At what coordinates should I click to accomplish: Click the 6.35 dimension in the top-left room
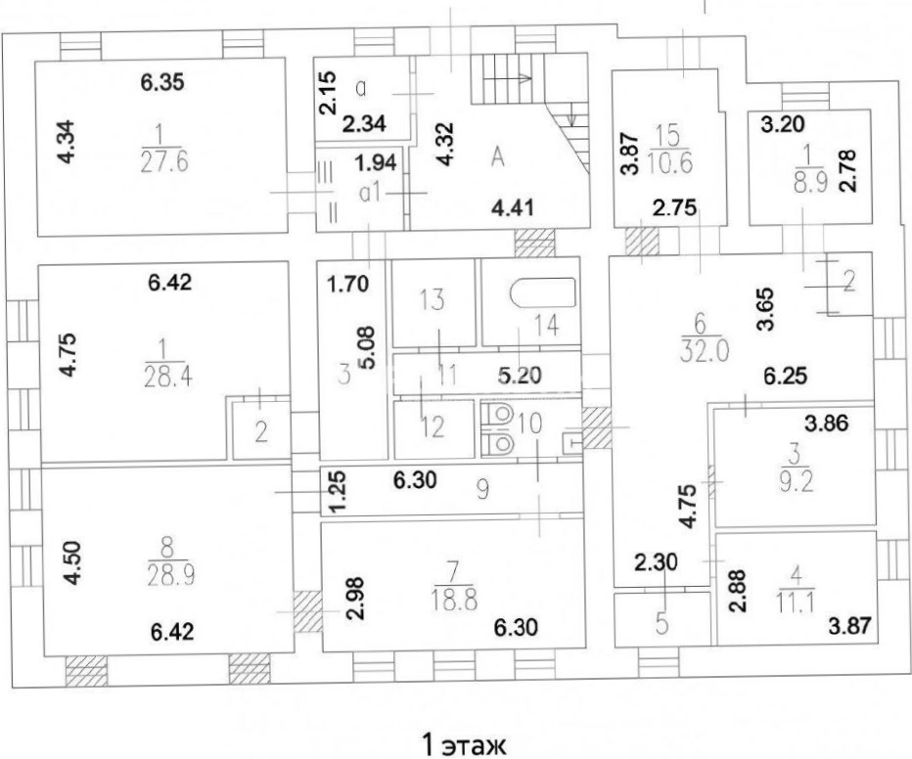[162, 82]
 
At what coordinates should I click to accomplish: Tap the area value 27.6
[164, 162]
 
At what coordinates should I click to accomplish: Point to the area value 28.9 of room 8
[171, 575]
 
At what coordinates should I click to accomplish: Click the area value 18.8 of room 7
[454, 599]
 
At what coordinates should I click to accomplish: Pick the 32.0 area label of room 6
[705, 351]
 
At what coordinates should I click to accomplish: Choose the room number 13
[433, 300]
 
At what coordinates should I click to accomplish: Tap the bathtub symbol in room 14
[543, 292]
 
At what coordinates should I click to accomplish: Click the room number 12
[433, 427]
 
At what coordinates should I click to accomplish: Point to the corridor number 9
[482, 489]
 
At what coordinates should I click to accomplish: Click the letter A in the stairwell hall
[497, 156]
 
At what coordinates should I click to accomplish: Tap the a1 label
[371, 193]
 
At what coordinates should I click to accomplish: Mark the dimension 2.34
[364, 124]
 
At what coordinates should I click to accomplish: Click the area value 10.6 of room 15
[669, 163]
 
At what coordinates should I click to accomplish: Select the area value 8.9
[810, 183]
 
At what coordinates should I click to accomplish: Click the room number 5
[661, 623]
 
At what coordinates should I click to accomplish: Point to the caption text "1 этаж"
[464, 745]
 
